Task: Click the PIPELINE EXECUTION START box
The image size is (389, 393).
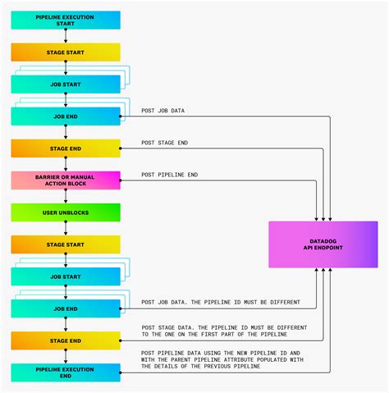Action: (x=66, y=20)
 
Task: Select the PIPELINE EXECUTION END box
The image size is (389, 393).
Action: (x=66, y=372)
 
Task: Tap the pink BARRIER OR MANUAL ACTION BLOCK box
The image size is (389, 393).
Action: (x=66, y=180)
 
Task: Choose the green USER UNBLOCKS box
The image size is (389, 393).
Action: (x=66, y=212)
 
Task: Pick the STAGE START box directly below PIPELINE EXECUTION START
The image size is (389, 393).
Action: (x=66, y=52)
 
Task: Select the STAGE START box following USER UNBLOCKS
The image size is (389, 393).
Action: (x=66, y=244)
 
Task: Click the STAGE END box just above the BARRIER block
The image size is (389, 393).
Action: (x=66, y=148)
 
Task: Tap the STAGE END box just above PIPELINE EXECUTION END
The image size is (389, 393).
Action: (x=66, y=340)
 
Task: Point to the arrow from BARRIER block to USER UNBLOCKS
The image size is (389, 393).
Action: (x=66, y=196)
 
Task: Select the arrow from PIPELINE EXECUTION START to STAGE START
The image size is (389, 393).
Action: (x=66, y=35)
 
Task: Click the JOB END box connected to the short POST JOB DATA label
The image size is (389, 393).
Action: (x=66, y=116)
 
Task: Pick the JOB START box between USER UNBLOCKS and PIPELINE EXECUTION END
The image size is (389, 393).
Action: (x=66, y=276)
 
